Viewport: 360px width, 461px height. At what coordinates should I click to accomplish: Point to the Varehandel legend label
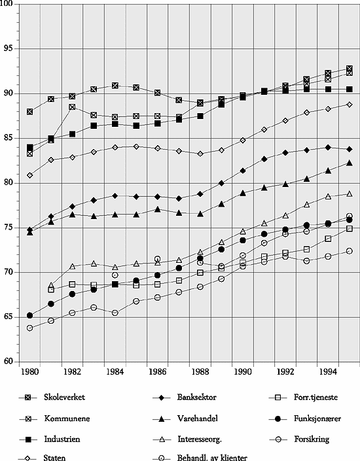[x=196, y=417]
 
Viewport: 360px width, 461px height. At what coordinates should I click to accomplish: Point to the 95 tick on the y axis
[x=12, y=49]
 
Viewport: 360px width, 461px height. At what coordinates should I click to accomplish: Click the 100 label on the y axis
[x=10, y=5]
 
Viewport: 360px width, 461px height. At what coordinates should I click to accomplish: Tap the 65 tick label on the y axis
[x=12, y=317]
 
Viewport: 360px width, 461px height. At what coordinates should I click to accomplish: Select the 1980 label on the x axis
[x=30, y=371]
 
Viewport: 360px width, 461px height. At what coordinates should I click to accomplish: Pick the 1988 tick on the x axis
[x=200, y=371]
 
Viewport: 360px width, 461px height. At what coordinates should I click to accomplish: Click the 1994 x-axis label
[x=328, y=371]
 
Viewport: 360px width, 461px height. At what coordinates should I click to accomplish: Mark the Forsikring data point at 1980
[x=29, y=328]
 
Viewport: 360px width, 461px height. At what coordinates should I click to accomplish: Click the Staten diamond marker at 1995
[x=350, y=104]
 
